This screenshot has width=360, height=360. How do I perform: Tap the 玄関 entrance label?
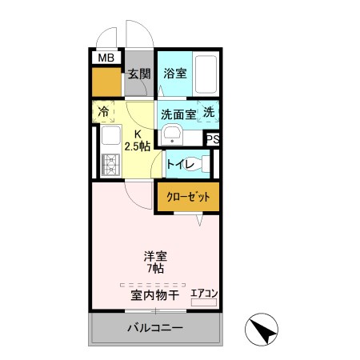click(x=138, y=74)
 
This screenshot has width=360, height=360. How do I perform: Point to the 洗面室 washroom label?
click(x=178, y=114)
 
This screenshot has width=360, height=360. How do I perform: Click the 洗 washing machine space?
click(x=208, y=113)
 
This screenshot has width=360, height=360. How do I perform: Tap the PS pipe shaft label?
click(x=212, y=139)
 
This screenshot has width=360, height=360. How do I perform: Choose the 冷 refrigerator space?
click(x=104, y=112)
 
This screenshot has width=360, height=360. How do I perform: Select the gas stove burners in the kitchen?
click(x=109, y=165)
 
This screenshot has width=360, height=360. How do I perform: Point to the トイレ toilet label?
click(x=181, y=165)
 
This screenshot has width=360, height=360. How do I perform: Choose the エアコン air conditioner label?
click(x=203, y=294)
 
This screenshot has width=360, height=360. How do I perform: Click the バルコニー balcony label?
click(x=155, y=328)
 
